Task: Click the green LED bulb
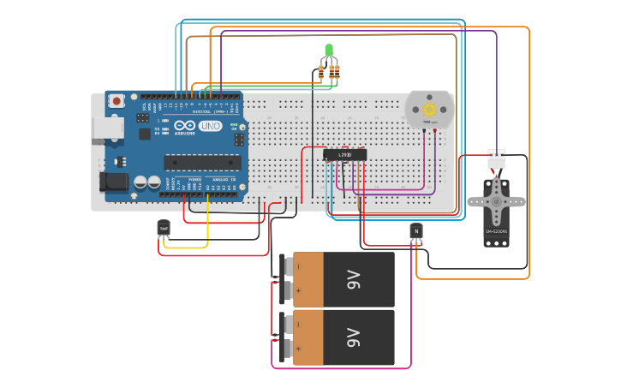[x=329, y=50]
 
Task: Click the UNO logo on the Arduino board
[x=210, y=126]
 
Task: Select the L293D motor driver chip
[x=344, y=155]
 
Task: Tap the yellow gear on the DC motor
[x=430, y=110]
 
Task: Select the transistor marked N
[x=416, y=230]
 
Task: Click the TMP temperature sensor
[x=164, y=227]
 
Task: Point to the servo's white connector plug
[x=496, y=159]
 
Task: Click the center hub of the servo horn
[x=496, y=203]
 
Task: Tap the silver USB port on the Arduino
[x=106, y=129]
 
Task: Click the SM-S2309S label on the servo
[x=496, y=231]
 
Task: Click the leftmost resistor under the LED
[x=321, y=73]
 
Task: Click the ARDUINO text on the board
[x=185, y=133]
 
